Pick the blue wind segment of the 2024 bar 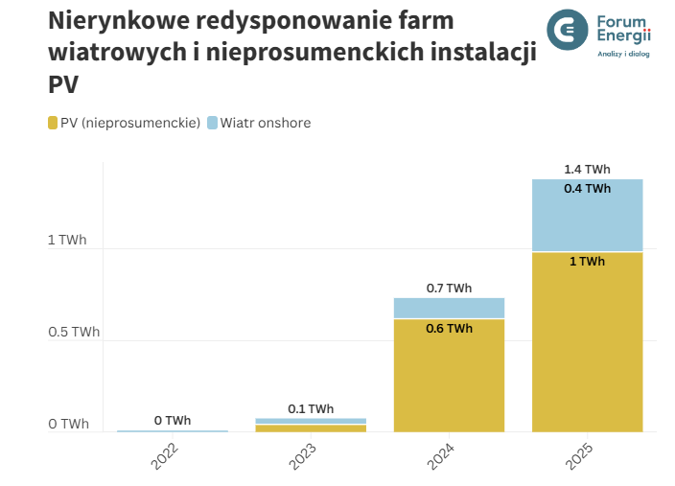[x=449, y=308]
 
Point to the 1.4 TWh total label [x=587, y=170]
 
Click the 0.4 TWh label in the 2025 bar [x=587, y=189]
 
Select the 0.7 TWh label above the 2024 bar [x=449, y=289]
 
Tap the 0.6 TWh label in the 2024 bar [x=449, y=329]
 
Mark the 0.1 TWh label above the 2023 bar [x=311, y=409]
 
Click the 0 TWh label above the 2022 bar [x=173, y=421]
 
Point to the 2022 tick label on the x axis [x=165, y=455]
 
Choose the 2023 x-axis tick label [x=303, y=455]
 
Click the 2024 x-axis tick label [x=441, y=455]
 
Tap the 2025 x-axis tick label [x=579, y=455]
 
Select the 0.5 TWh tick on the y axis [x=74, y=333]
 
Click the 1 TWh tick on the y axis [x=67, y=241]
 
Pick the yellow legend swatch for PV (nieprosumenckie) [x=53, y=123]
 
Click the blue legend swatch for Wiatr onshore [x=212, y=123]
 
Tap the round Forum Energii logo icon [x=568, y=30]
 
